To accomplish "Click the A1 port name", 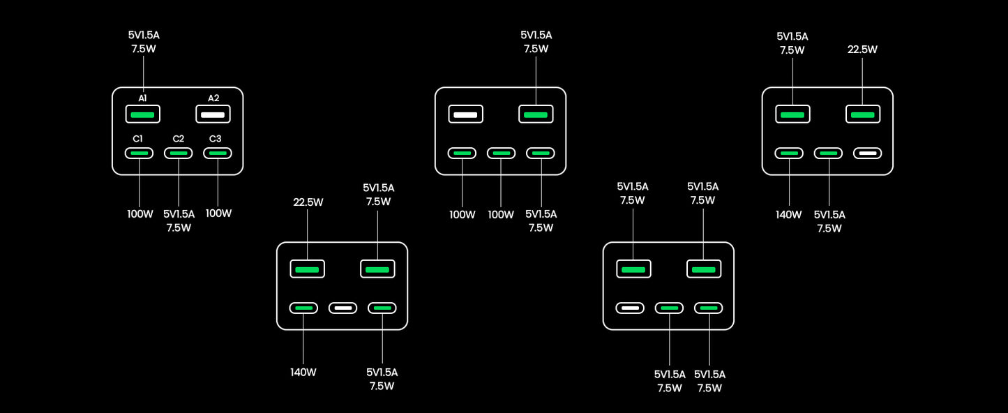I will [x=142, y=98].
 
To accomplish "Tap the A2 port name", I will [x=213, y=98].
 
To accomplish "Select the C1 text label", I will [x=138, y=138].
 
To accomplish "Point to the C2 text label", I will [x=179, y=138].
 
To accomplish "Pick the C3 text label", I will [x=215, y=138].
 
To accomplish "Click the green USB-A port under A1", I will [x=143, y=114].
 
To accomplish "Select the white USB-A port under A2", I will [x=213, y=114].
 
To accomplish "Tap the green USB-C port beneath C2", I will [x=179, y=153].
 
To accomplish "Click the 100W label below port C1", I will [x=140, y=213].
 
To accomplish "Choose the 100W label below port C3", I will [x=218, y=213].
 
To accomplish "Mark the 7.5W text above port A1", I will [x=144, y=49].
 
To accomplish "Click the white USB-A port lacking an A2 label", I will [x=465, y=114].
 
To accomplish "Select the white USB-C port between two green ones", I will [x=343, y=308].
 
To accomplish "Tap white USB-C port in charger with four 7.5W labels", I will [x=630, y=308].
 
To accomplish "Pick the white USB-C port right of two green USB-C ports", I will [x=867, y=153].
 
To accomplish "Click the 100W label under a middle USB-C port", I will [x=501, y=214].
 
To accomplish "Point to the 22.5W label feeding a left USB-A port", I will [x=308, y=202].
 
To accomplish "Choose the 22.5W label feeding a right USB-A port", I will [x=862, y=50].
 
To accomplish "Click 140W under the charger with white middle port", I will [x=303, y=372].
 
